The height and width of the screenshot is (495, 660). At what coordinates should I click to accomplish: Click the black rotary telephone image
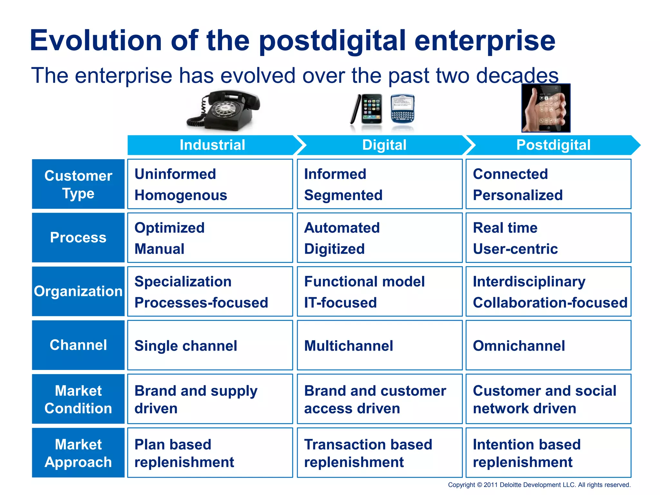pyautogui.click(x=224, y=111)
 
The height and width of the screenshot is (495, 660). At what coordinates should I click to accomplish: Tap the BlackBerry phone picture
pyautogui.click(x=403, y=109)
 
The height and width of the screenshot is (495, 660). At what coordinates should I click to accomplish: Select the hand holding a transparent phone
pyautogui.click(x=546, y=108)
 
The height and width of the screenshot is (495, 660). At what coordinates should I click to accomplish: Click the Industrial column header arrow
pyautogui.click(x=212, y=145)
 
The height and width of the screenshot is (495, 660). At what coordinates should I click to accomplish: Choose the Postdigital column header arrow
pyautogui.click(x=553, y=145)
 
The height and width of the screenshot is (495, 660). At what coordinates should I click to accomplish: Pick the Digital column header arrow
pyautogui.click(x=384, y=145)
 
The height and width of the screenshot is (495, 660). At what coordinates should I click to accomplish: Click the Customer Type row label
pyautogui.click(x=78, y=184)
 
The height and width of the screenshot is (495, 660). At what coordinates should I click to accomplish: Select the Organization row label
pyautogui.click(x=78, y=291)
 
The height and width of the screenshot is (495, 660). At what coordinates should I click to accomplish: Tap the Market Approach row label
pyautogui.click(x=78, y=453)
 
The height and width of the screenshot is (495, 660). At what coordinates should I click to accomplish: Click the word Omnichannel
pyautogui.click(x=519, y=346)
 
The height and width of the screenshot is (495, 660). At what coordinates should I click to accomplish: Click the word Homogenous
pyautogui.click(x=181, y=195)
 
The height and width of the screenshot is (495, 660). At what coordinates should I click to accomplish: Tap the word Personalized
pyautogui.click(x=518, y=195)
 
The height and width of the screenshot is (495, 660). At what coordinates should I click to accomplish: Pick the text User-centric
pyautogui.click(x=515, y=249)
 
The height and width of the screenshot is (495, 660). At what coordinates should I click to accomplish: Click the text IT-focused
pyautogui.click(x=340, y=303)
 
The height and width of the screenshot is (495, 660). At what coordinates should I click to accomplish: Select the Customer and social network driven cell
pyautogui.click(x=548, y=399)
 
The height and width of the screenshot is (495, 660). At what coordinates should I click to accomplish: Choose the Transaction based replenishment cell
pyautogui.click(x=379, y=453)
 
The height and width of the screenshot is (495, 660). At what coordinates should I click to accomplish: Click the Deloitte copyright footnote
pyautogui.click(x=539, y=485)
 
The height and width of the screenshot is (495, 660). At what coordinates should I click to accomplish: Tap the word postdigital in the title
pyautogui.click(x=332, y=41)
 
